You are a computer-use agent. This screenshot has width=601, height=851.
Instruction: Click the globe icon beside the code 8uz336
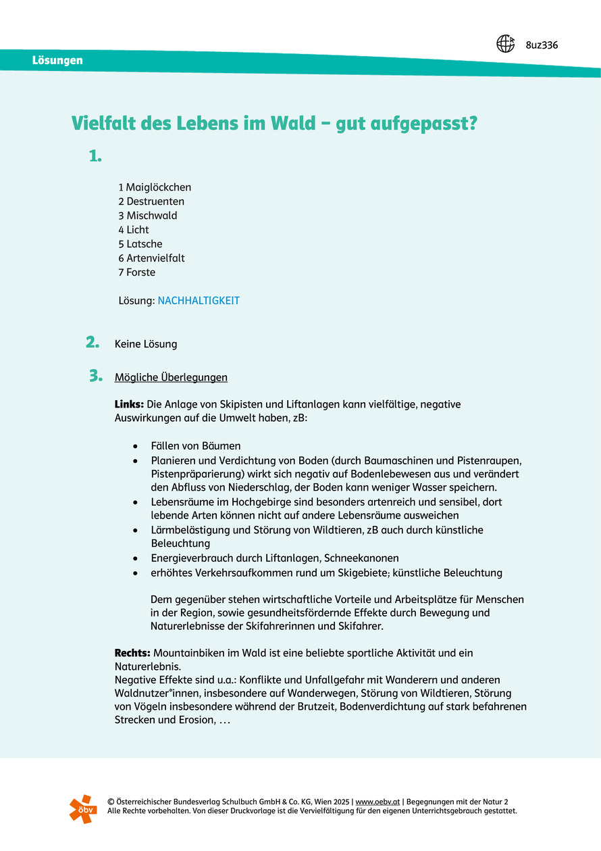[506, 44]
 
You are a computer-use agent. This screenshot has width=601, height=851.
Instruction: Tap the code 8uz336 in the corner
[542, 45]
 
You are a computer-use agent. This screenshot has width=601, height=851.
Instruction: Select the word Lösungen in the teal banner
[57, 60]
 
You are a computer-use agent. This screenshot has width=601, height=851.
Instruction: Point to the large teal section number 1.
[95, 156]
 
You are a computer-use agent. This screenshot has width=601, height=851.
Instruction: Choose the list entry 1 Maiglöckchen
[155, 187]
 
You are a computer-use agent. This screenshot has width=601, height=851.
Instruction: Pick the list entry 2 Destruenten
[151, 201]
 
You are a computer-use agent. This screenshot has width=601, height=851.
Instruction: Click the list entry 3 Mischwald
[148, 216]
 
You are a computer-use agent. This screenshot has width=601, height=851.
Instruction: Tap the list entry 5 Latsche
[140, 244]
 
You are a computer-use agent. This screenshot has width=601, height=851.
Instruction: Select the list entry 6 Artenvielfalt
[151, 258]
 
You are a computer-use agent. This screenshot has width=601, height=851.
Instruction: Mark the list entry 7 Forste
[137, 272]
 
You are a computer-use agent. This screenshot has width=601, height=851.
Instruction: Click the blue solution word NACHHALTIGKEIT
[199, 301]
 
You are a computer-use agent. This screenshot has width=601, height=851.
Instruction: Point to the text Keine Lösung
[146, 344]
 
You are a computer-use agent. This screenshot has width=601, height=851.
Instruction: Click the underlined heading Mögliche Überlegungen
[171, 377]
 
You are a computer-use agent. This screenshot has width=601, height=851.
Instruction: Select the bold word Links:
[129, 404]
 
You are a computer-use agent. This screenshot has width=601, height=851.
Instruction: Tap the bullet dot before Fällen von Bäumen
[137, 446]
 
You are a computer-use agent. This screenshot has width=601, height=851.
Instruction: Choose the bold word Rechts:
[132, 653]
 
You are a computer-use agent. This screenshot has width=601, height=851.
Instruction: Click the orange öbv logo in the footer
[83, 808]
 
